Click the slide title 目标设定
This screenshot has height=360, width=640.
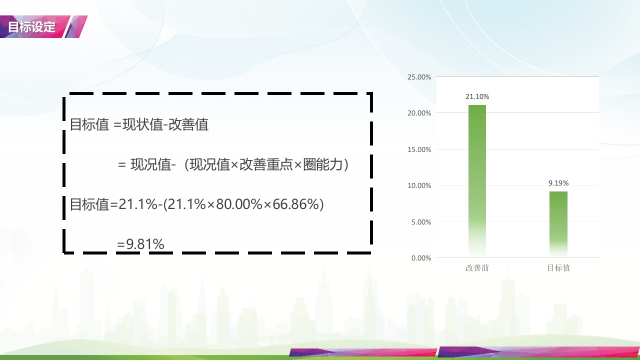[x=31, y=27]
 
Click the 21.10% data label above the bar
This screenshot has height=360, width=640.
[x=477, y=96]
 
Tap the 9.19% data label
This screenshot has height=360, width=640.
[x=558, y=183]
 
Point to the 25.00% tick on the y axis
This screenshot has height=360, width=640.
[x=419, y=77]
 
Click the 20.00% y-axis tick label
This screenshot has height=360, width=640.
[x=419, y=113]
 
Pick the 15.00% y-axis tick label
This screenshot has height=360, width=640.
[x=419, y=149]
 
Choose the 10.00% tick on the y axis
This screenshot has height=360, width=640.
[x=419, y=185]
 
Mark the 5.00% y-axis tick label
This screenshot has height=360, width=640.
[x=421, y=222]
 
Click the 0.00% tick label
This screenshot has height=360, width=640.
[x=421, y=258]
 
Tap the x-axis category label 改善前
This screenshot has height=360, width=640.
[x=477, y=268]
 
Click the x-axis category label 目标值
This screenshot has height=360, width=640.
[x=558, y=268]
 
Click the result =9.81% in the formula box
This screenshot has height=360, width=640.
[x=140, y=244]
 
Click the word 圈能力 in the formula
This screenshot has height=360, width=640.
[x=323, y=164]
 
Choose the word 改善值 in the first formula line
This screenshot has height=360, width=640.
[x=188, y=124]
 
